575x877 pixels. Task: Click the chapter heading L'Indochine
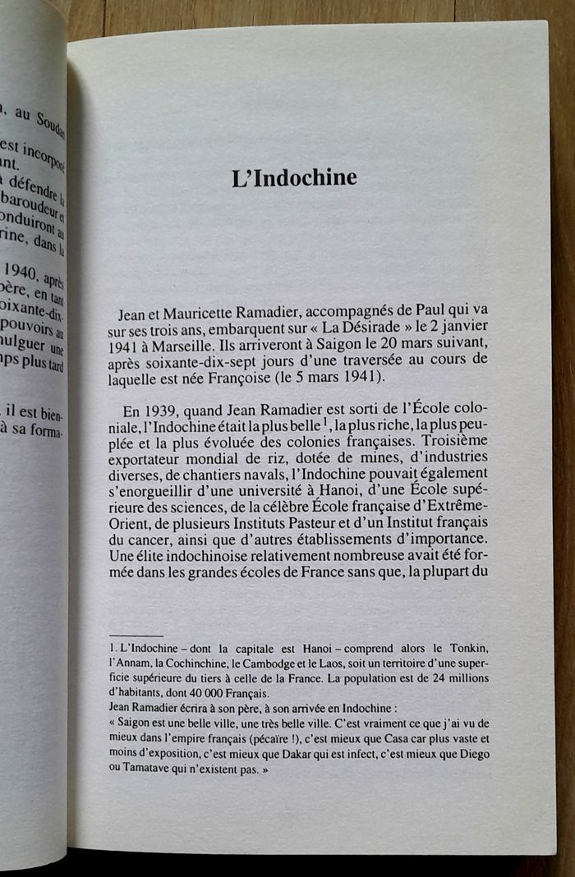(x=293, y=177)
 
